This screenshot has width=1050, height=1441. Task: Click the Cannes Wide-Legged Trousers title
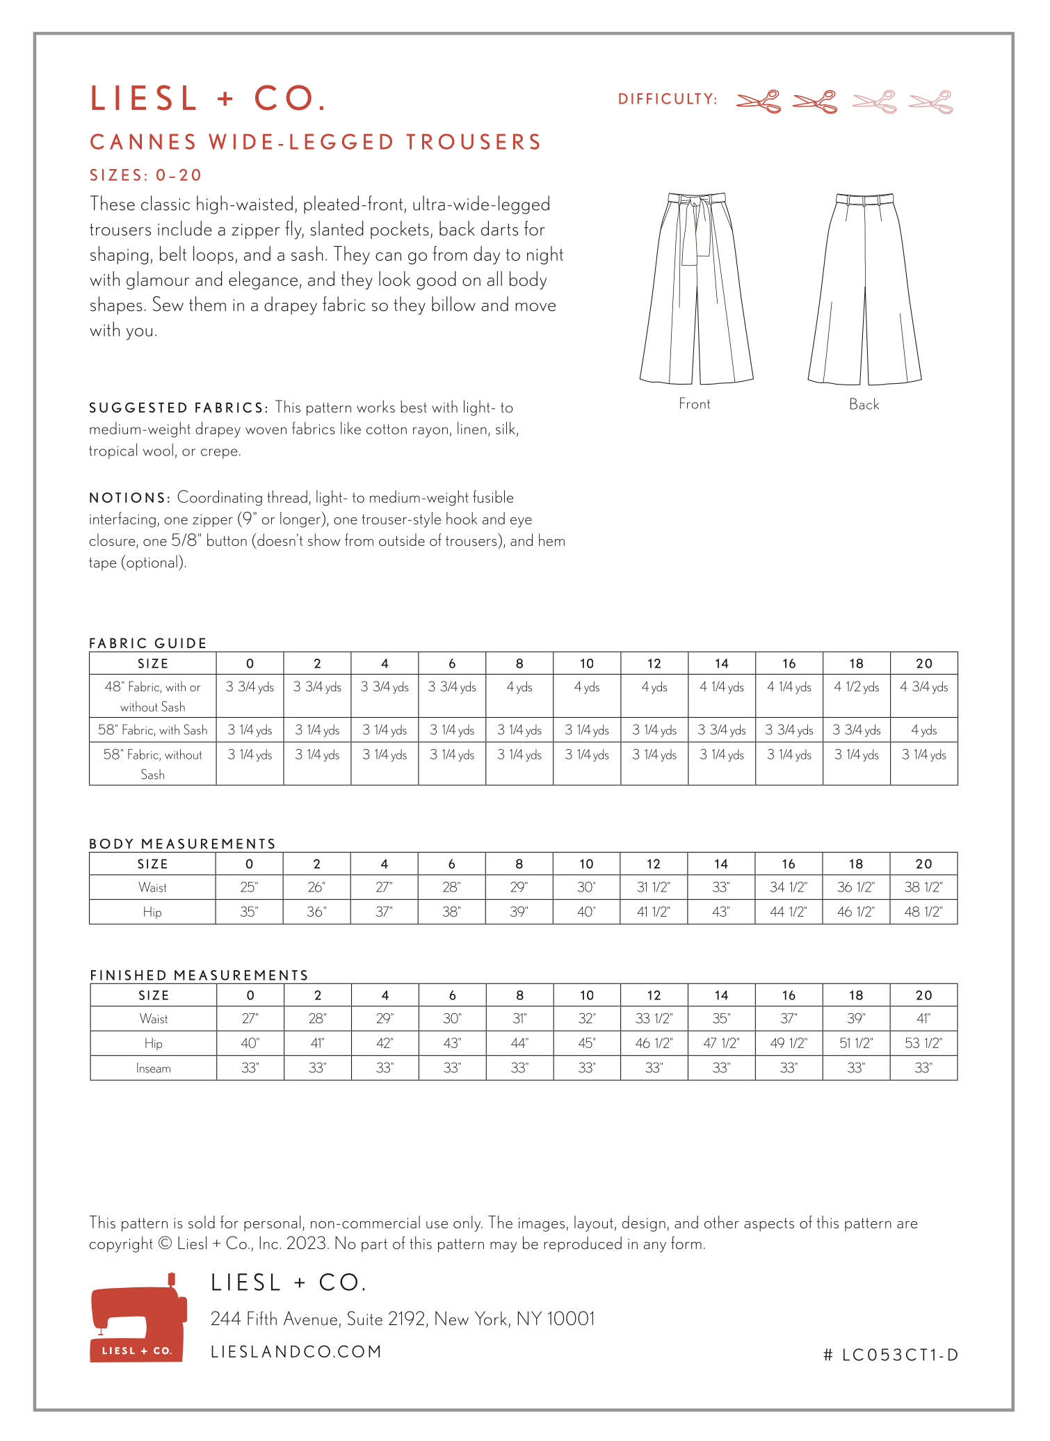pos(315,142)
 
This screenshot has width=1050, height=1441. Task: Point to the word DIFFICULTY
pos(667,99)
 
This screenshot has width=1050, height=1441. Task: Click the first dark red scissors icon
pos(758,102)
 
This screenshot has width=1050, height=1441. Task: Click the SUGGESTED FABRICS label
pos(178,408)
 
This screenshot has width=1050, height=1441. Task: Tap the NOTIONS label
pos(129,498)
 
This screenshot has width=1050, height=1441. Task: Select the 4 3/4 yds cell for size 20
pos(923,687)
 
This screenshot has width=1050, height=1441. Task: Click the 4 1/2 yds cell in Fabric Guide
pos(856,687)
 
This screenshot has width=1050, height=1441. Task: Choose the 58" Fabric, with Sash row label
pos(152,730)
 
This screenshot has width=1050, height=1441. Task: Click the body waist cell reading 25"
pos(249,887)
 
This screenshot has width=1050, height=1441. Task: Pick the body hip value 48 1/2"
pos(923,912)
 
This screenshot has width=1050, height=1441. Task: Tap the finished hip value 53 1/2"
pos(923,1043)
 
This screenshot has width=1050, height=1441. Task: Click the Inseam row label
pos(153,1068)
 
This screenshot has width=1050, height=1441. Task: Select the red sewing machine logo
pos(138,1317)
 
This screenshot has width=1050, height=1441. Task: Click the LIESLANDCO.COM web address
pos(296,1351)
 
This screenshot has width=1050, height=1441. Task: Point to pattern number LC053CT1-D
pos(891,1355)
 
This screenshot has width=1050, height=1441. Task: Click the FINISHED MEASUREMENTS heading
pos(199,975)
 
